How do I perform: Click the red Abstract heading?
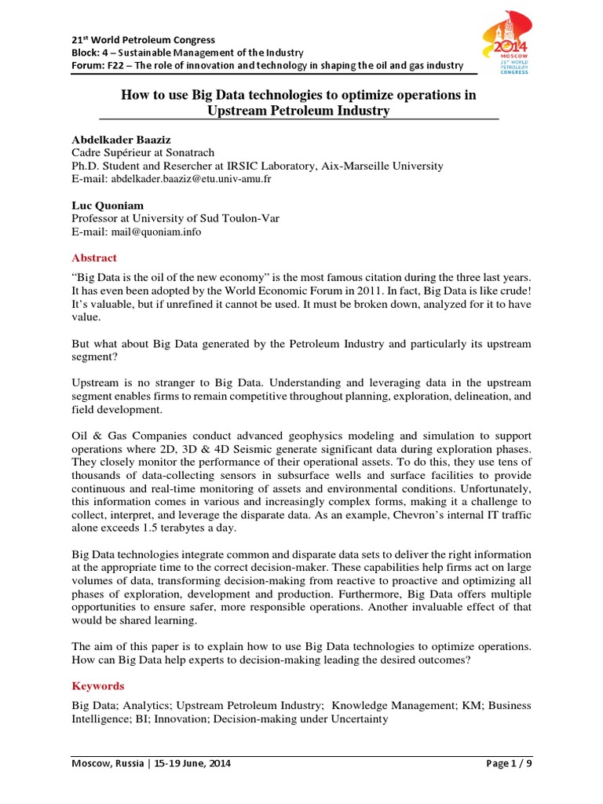coord(94,258)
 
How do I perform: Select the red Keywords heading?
coord(98,685)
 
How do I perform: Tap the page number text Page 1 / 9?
coord(503,762)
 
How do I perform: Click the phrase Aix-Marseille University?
coord(376,166)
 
